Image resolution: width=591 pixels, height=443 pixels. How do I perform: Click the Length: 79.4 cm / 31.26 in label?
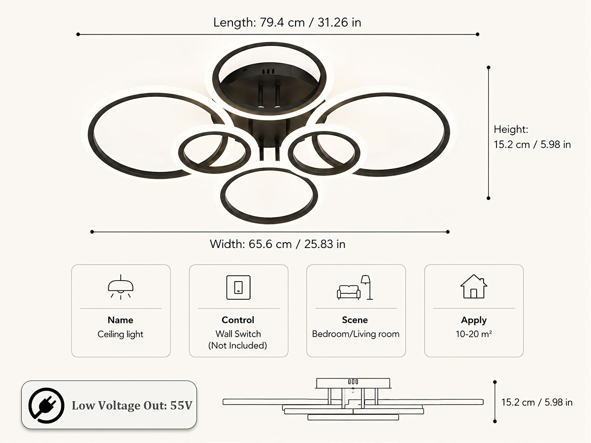[287, 22]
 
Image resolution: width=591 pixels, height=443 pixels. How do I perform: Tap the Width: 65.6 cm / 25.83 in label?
[277, 244]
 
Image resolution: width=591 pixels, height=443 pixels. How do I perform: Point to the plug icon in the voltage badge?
[46, 405]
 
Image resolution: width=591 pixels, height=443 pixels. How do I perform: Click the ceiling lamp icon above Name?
[121, 287]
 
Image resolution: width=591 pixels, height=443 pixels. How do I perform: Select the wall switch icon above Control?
[238, 287]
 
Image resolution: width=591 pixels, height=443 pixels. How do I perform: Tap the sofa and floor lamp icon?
[355, 287]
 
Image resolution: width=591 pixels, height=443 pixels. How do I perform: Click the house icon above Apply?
[474, 286]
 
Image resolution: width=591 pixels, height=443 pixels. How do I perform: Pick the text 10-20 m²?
[474, 334]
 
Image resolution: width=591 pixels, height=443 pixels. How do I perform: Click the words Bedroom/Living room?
[356, 334]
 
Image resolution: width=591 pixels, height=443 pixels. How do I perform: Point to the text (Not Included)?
[238, 346]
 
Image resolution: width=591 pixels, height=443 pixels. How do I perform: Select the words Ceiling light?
[120, 334]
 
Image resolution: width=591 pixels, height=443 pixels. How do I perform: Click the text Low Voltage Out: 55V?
[132, 406]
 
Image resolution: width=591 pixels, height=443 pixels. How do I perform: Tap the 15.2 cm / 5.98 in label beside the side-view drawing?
[537, 402]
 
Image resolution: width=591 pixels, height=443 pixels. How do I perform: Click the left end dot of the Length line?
[78, 34]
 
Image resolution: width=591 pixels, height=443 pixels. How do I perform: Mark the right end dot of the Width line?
[448, 232]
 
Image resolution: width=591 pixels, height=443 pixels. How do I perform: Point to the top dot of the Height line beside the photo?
[489, 67]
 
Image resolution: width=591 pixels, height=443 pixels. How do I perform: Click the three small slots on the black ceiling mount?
[268, 71]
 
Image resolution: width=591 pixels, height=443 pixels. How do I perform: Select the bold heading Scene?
[355, 320]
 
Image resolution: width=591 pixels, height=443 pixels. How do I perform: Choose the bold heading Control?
[238, 320]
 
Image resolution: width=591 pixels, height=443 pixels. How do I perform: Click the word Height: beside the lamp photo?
[511, 129]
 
